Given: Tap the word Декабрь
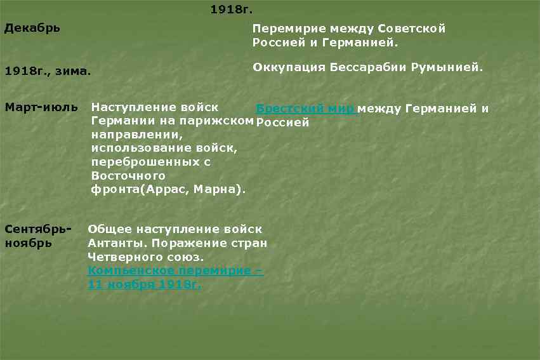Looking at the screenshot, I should [32, 29].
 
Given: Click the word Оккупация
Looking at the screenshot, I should [288, 67].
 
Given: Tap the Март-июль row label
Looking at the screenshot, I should [41, 106].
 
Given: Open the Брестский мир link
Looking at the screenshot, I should [305, 109].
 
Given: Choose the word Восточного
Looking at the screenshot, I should [128, 176].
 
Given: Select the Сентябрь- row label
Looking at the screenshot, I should [37, 229].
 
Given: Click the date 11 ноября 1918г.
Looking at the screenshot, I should [144, 284].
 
